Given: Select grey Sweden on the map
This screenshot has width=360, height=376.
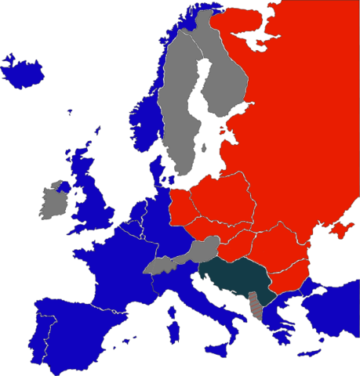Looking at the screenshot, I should click(176, 117).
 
